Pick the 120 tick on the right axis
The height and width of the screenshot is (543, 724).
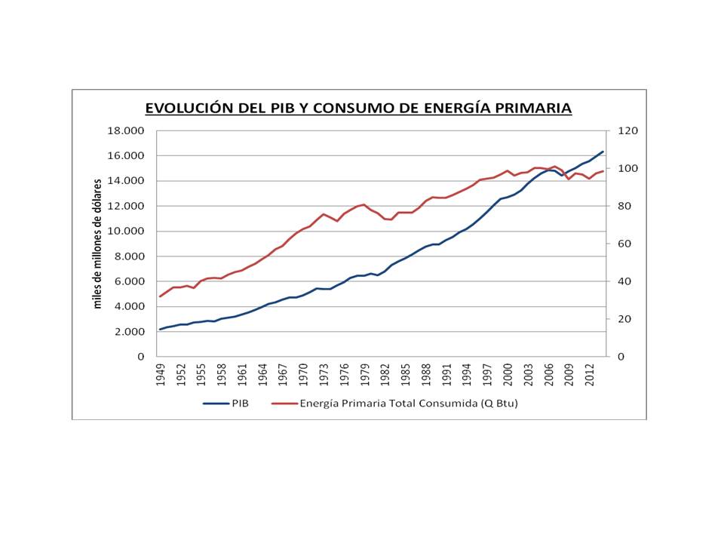tap(627, 130)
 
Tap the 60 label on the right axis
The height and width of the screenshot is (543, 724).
tap(624, 244)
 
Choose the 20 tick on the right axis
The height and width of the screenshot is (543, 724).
tap(624, 319)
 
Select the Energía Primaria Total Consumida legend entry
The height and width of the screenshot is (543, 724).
tap(409, 403)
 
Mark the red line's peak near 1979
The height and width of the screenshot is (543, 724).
tap(364, 204)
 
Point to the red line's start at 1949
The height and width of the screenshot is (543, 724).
tap(160, 296)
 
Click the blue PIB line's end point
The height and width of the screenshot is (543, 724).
tap(603, 152)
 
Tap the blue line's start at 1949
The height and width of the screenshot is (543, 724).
tap(160, 330)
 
